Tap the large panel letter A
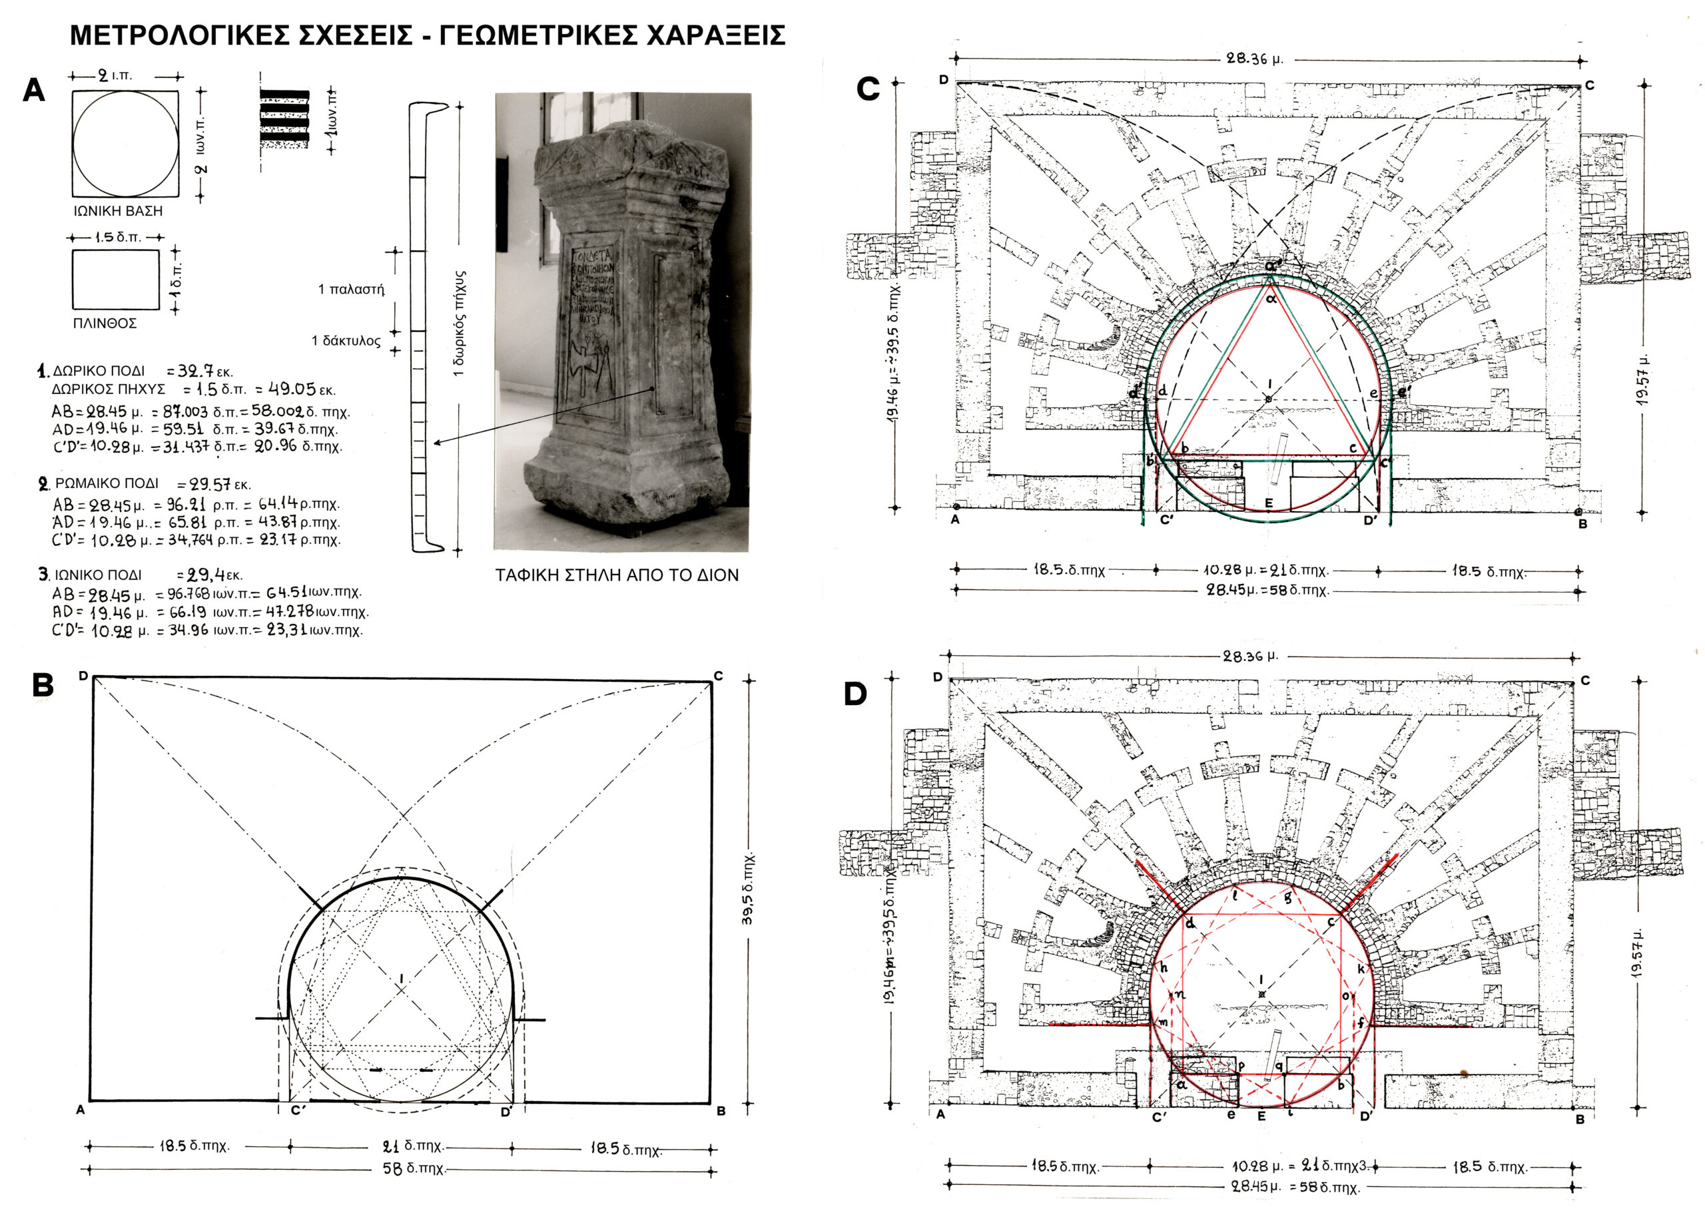click(x=35, y=91)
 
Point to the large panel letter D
click(x=854, y=694)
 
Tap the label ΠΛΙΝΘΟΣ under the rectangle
click(x=105, y=323)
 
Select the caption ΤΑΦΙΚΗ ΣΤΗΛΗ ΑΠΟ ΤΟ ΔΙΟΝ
click(x=617, y=575)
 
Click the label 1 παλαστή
click(x=351, y=290)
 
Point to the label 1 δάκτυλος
click(x=346, y=341)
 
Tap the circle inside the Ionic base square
click(x=125, y=144)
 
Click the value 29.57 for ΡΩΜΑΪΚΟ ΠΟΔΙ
click(x=209, y=484)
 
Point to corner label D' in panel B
click(x=507, y=1112)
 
